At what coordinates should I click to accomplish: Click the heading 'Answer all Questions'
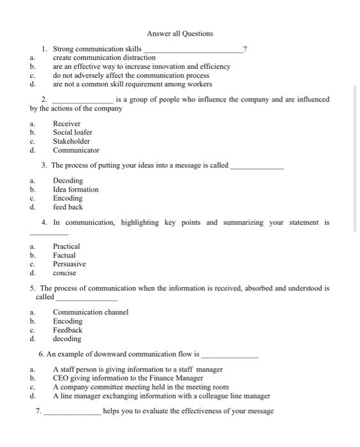coord(179,33)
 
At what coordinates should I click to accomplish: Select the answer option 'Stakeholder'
coord(71,141)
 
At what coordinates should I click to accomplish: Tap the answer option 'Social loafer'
coord(72,132)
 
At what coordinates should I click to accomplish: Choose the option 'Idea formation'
coord(75,190)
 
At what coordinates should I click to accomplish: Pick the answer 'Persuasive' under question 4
coord(69,264)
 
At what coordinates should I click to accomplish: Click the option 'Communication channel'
coord(90,312)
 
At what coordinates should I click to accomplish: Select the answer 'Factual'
coord(64,255)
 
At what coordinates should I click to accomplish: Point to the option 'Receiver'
coord(66,123)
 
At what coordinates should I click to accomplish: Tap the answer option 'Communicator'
coord(76,150)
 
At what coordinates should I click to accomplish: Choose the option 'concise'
coord(64,273)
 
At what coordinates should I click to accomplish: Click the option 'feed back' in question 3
coord(68,207)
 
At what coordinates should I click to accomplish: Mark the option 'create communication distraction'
coord(103,57)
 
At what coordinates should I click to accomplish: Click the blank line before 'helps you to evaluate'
coord(71,413)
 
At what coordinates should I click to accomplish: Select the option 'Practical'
coord(66,246)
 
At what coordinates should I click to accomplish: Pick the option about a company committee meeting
coord(140,387)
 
